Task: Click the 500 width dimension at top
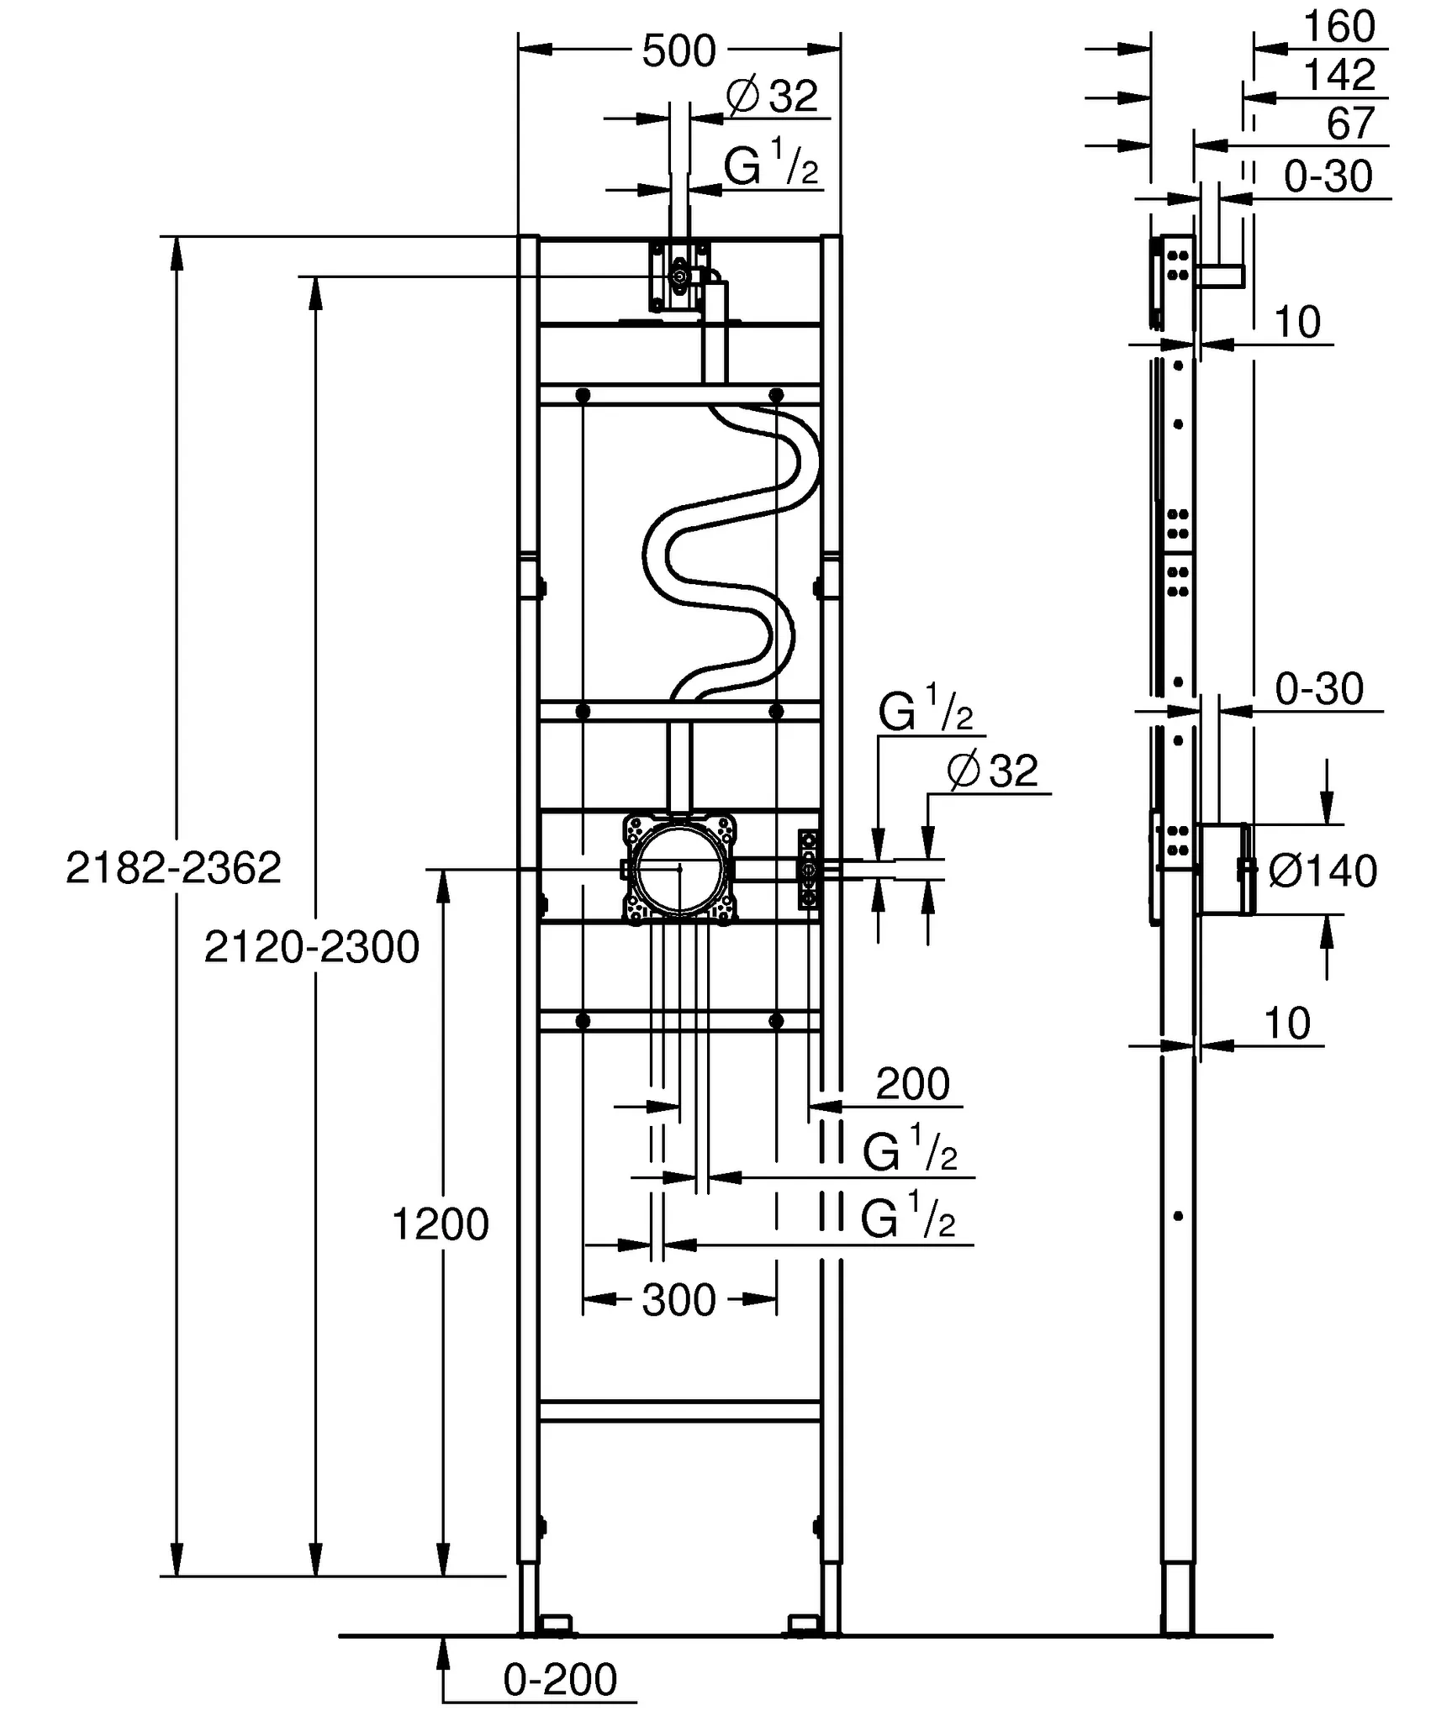coord(678,52)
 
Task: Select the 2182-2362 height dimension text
coord(173,867)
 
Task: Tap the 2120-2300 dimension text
coord(311,947)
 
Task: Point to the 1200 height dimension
coord(440,1224)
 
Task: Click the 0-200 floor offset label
coord(560,1680)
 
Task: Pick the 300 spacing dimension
coord(678,1300)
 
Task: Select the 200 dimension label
coord(912,1084)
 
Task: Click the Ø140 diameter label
coord(1322,871)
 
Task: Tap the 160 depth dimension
coord(1338,27)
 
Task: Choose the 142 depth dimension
coord(1338,76)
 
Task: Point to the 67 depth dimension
coord(1350,124)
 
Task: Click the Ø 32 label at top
coord(772,96)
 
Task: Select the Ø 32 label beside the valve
coord(993,770)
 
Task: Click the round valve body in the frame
coord(679,867)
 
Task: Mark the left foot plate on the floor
coord(556,1624)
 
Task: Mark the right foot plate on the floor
coord(802,1624)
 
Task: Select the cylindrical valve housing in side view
coord(1222,868)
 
